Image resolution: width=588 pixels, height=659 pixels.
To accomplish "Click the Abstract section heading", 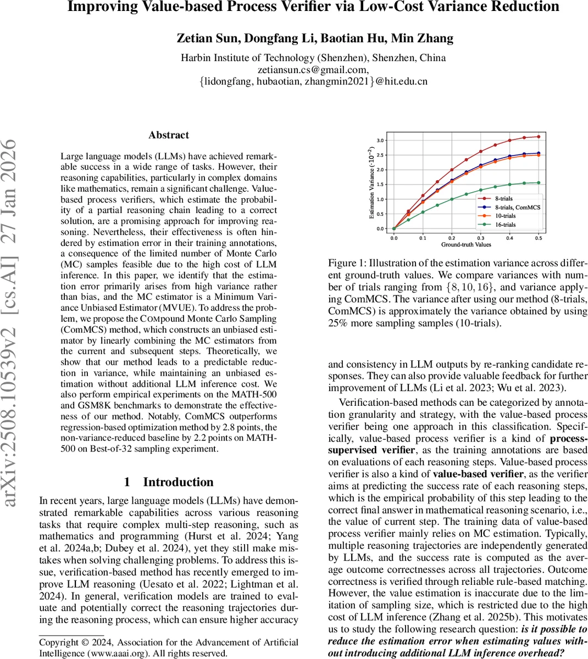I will (169, 135).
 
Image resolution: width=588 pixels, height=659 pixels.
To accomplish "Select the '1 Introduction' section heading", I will (169, 482).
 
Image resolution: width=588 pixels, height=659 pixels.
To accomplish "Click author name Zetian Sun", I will (207, 38).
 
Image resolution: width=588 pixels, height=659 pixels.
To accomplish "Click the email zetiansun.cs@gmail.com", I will (313, 70).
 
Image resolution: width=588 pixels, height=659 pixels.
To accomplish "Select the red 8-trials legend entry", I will (503, 199).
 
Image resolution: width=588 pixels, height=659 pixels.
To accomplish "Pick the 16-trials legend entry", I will (504, 225).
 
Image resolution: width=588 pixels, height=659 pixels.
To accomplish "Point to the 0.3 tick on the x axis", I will (480, 238).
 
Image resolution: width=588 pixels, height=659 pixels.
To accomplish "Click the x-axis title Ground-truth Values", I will (465, 244).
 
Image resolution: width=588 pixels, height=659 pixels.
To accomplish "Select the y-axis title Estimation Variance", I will (371, 184).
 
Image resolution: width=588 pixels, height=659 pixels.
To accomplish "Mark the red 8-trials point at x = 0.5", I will (538, 137).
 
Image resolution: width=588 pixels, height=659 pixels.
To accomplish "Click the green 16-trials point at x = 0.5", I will (538, 183).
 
